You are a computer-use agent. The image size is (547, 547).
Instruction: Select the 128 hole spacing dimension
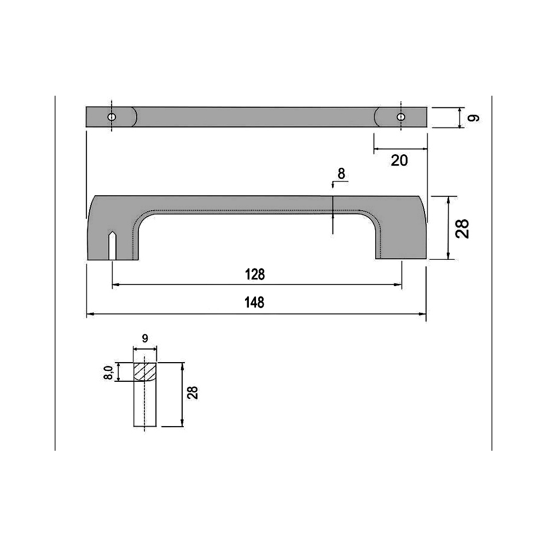[x=255, y=274]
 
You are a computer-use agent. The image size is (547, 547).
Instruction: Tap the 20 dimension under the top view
[x=399, y=160]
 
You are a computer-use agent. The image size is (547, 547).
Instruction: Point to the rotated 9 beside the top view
[x=474, y=118]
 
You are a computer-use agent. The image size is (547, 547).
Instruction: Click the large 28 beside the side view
[x=463, y=228]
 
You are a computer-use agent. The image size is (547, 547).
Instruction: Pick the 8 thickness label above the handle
[x=341, y=174]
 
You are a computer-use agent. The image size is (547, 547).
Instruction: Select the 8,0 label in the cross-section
[x=108, y=373]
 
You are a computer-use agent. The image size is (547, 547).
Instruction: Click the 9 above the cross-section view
[x=145, y=339]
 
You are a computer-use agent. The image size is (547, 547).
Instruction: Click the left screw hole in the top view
[x=112, y=117]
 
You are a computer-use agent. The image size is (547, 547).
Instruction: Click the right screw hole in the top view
[x=401, y=117]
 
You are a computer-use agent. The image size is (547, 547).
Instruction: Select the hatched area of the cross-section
[x=145, y=372]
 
